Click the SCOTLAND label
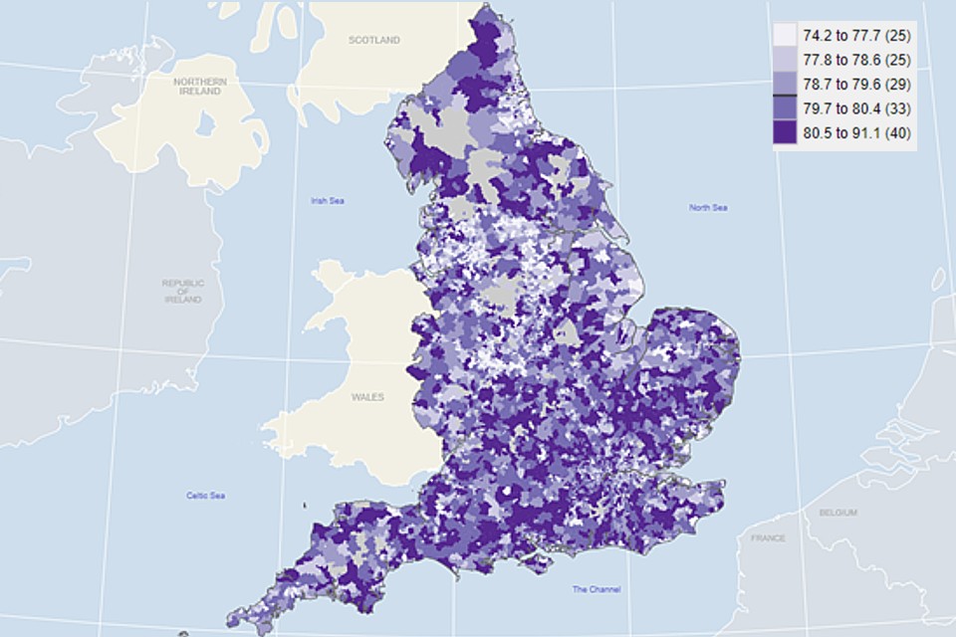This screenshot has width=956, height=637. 374,41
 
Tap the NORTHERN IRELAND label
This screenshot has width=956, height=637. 200,86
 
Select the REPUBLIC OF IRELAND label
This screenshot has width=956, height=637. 183,291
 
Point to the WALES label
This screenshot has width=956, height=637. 367,396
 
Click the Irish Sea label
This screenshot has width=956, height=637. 327,201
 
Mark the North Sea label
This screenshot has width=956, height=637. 708,207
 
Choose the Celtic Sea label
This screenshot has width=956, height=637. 205,496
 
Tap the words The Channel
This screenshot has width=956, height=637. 596,589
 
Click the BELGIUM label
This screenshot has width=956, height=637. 837,512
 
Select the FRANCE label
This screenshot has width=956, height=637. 768,538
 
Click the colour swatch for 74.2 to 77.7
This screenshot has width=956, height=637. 786,36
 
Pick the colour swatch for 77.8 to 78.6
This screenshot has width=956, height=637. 786,60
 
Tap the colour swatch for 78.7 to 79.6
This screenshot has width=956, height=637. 786,84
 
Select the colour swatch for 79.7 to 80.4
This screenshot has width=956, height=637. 786,107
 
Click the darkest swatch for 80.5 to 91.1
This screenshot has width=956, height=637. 786,132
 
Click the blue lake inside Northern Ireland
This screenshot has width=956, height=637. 207,125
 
